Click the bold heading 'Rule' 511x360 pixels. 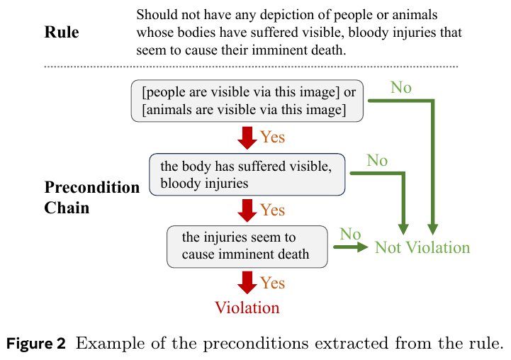[x=62, y=33]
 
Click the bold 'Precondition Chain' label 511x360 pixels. [x=92, y=198]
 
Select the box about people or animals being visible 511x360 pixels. [x=247, y=101]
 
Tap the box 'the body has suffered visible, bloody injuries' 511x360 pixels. [x=247, y=174]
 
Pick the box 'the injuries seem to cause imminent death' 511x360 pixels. [x=247, y=247]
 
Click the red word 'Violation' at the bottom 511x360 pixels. [x=247, y=308]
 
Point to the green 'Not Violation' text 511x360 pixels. [x=422, y=247]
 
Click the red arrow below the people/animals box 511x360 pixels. [x=247, y=138]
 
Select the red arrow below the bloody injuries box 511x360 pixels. [x=247, y=210]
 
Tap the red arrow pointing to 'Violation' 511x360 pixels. [x=247, y=283]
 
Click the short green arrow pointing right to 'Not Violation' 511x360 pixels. [x=351, y=247]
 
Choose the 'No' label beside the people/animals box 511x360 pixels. [x=401, y=88]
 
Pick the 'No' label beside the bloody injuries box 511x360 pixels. [x=377, y=160]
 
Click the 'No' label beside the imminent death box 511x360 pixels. [x=350, y=234]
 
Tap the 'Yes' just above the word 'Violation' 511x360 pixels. [x=272, y=283]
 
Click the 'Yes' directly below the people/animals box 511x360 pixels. [x=272, y=137]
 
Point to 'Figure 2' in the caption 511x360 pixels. [x=36, y=344]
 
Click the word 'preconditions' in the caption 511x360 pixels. [x=256, y=344]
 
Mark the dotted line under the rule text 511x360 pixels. [x=251, y=67]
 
